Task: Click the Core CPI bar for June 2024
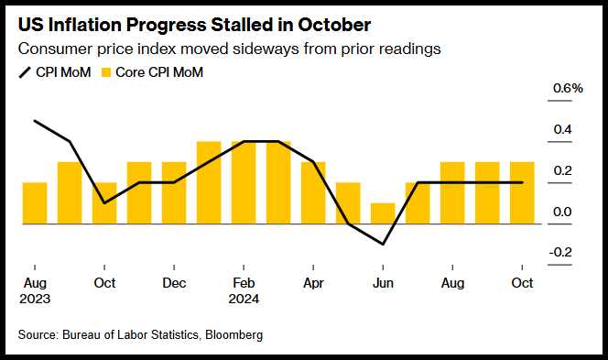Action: tap(383, 213)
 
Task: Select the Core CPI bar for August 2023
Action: tap(35, 202)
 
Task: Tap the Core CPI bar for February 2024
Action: tap(244, 182)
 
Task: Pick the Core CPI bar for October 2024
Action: tap(522, 192)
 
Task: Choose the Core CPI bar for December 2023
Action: tap(174, 192)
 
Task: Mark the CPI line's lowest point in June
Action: tap(383, 244)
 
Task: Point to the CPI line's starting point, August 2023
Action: tap(35, 121)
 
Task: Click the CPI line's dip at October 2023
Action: tap(104, 202)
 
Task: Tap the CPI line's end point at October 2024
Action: tap(522, 182)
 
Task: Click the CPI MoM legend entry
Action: tap(55, 72)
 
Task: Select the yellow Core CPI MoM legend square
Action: tap(106, 72)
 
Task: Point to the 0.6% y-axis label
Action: tap(568, 89)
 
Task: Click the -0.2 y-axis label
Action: tap(560, 252)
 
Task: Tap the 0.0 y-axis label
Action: tap(562, 212)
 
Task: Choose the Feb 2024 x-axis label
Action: tap(244, 290)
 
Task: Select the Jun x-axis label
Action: tap(383, 283)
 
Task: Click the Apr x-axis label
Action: tap(313, 284)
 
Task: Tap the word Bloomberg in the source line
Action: tap(233, 334)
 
